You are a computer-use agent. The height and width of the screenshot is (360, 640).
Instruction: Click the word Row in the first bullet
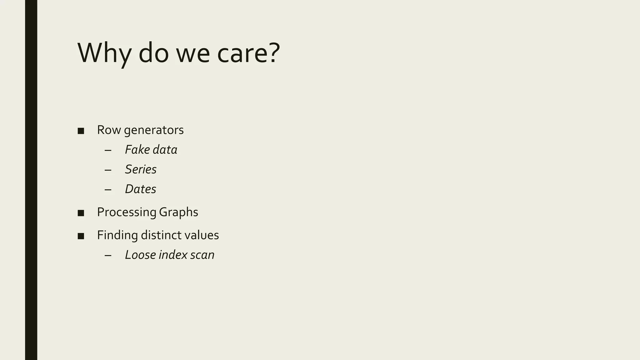pyautogui.click(x=109, y=130)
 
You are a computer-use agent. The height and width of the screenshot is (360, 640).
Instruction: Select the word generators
pyautogui.click(x=154, y=131)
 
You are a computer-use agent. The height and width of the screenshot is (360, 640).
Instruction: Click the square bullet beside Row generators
pyautogui.click(x=81, y=131)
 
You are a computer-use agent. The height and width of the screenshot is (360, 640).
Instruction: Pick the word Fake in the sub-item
pyautogui.click(x=137, y=150)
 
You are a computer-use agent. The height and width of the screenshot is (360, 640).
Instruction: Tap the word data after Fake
pyautogui.click(x=165, y=150)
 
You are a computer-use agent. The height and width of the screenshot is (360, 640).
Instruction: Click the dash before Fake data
pyautogui.click(x=108, y=151)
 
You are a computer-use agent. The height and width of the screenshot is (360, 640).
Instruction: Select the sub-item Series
pyautogui.click(x=141, y=169)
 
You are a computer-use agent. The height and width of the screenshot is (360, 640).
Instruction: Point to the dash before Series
pyautogui.click(x=108, y=170)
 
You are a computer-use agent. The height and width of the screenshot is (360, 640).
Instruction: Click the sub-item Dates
pyautogui.click(x=140, y=189)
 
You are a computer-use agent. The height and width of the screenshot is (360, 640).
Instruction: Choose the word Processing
pyautogui.click(x=127, y=212)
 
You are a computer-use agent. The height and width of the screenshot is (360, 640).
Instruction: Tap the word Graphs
pyautogui.click(x=178, y=212)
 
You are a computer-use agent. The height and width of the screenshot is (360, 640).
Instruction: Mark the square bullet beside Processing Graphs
pyautogui.click(x=81, y=213)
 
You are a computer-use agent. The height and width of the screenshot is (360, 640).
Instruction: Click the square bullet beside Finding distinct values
pyautogui.click(x=81, y=236)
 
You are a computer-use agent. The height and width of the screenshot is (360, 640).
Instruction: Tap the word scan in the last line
pyautogui.click(x=202, y=255)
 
